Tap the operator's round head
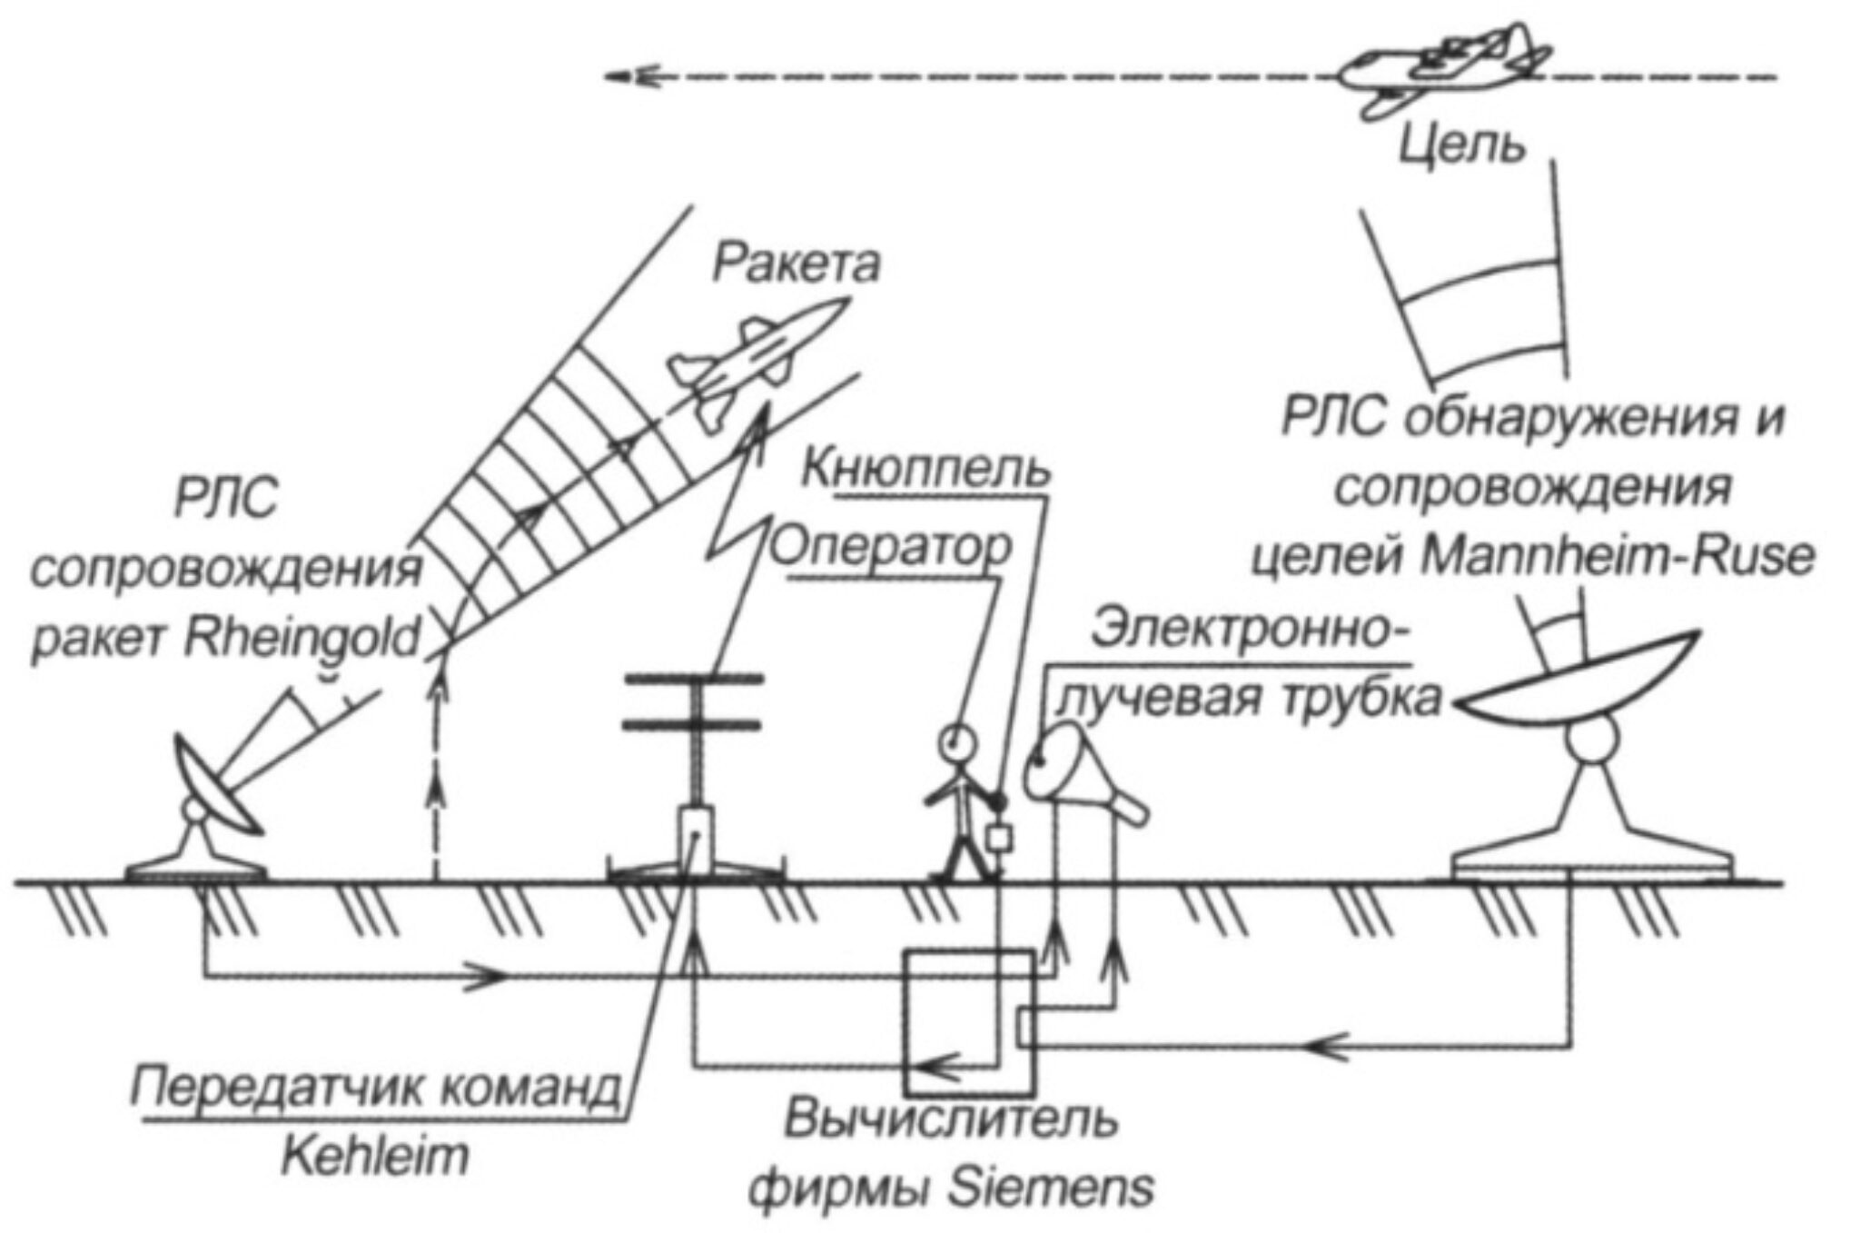pyautogui.click(x=957, y=741)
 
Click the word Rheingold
pyautogui.click(x=302, y=638)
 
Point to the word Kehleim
pyautogui.click(x=376, y=1157)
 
